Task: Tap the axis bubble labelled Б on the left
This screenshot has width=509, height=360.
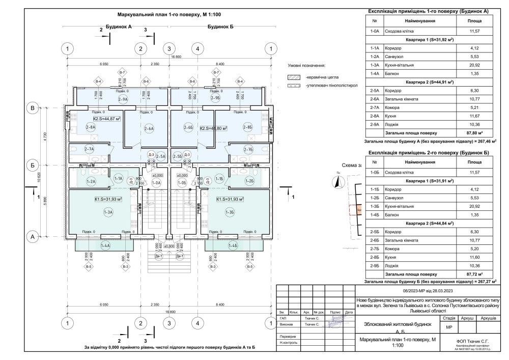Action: click(32, 165)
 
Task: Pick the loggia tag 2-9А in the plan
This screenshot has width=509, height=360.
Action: click(123, 99)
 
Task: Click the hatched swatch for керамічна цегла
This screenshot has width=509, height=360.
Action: click(293, 76)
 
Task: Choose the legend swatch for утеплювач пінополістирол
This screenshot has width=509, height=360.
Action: click(293, 86)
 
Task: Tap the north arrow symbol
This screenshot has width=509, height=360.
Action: click(336, 182)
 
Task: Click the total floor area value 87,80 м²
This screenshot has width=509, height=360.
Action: click(474, 132)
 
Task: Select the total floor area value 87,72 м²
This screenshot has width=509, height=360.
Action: click(474, 273)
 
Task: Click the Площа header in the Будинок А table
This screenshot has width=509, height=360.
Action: click(474, 21)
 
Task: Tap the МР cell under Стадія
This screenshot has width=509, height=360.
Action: click(448, 327)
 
